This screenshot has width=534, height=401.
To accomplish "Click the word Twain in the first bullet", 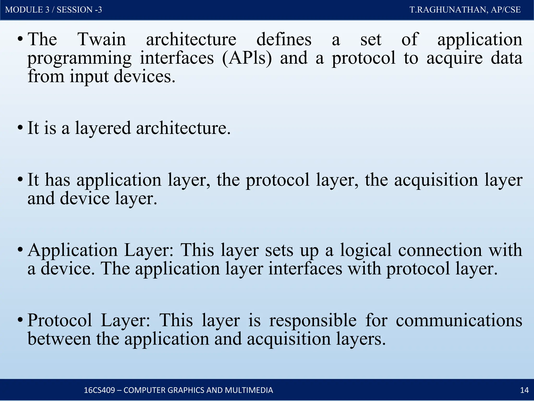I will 102,40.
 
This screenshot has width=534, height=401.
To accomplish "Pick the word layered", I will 103,128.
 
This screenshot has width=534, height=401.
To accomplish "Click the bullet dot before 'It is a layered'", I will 20,128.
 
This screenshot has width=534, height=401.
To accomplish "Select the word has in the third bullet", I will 58,180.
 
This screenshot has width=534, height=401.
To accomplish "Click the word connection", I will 440,250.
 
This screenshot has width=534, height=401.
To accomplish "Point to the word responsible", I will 313,321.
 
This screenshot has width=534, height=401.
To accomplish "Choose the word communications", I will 459,321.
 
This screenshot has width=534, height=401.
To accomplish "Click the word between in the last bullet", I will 59,339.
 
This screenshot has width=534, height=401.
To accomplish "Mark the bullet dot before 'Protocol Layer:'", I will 20,320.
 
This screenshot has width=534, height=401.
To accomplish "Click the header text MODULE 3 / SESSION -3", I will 53,10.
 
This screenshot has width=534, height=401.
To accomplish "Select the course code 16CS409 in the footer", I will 99,390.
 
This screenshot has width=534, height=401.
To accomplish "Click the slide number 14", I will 524,390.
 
